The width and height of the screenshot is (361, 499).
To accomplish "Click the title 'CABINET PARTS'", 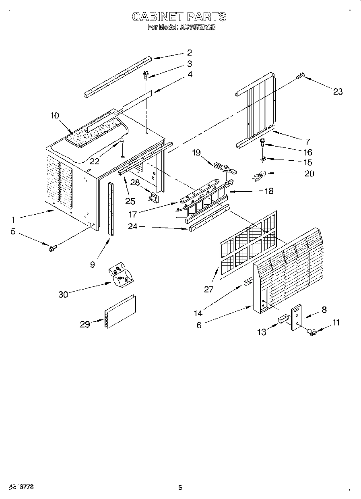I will point(179,17).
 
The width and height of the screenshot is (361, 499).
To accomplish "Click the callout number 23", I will point(338,91).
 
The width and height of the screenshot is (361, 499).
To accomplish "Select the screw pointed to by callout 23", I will point(301,75).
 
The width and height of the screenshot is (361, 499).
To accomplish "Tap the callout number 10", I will point(55,116).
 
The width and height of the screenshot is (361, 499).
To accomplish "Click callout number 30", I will point(63,294).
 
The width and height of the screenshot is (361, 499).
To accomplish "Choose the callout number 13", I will point(262,332).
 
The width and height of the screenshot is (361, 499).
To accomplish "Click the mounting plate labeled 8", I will point(297,318).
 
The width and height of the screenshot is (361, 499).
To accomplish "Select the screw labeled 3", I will point(145,75).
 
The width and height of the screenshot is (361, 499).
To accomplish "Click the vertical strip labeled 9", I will point(110,209).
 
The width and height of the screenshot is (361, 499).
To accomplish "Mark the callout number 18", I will point(269,191).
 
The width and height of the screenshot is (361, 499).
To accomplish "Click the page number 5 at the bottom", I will point(180,488).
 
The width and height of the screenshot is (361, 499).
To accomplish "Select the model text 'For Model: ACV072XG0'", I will point(182,27).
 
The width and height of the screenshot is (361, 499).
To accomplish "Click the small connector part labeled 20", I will point(260,175).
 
